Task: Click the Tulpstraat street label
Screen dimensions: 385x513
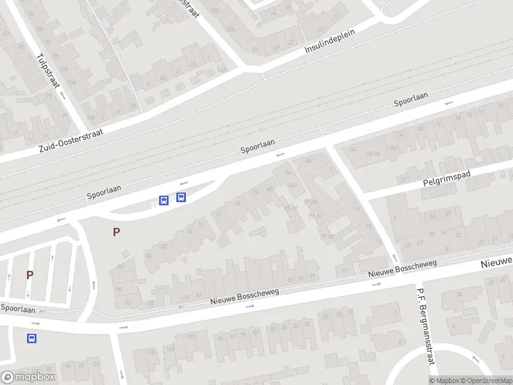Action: pyautogui.click(x=47, y=70)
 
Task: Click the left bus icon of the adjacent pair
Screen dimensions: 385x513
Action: pyautogui.click(x=164, y=200)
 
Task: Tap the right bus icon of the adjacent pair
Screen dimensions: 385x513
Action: pyautogui.click(x=181, y=197)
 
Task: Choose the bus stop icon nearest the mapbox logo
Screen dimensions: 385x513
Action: pyautogui.click(x=31, y=338)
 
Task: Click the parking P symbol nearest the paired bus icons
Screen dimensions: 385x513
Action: pyautogui.click(x=116, y=232)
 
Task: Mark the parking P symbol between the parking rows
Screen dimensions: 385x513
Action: pyautogui.click(x=29, y=275)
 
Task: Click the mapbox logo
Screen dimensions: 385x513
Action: pyautogui.click(x=28, y=377)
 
